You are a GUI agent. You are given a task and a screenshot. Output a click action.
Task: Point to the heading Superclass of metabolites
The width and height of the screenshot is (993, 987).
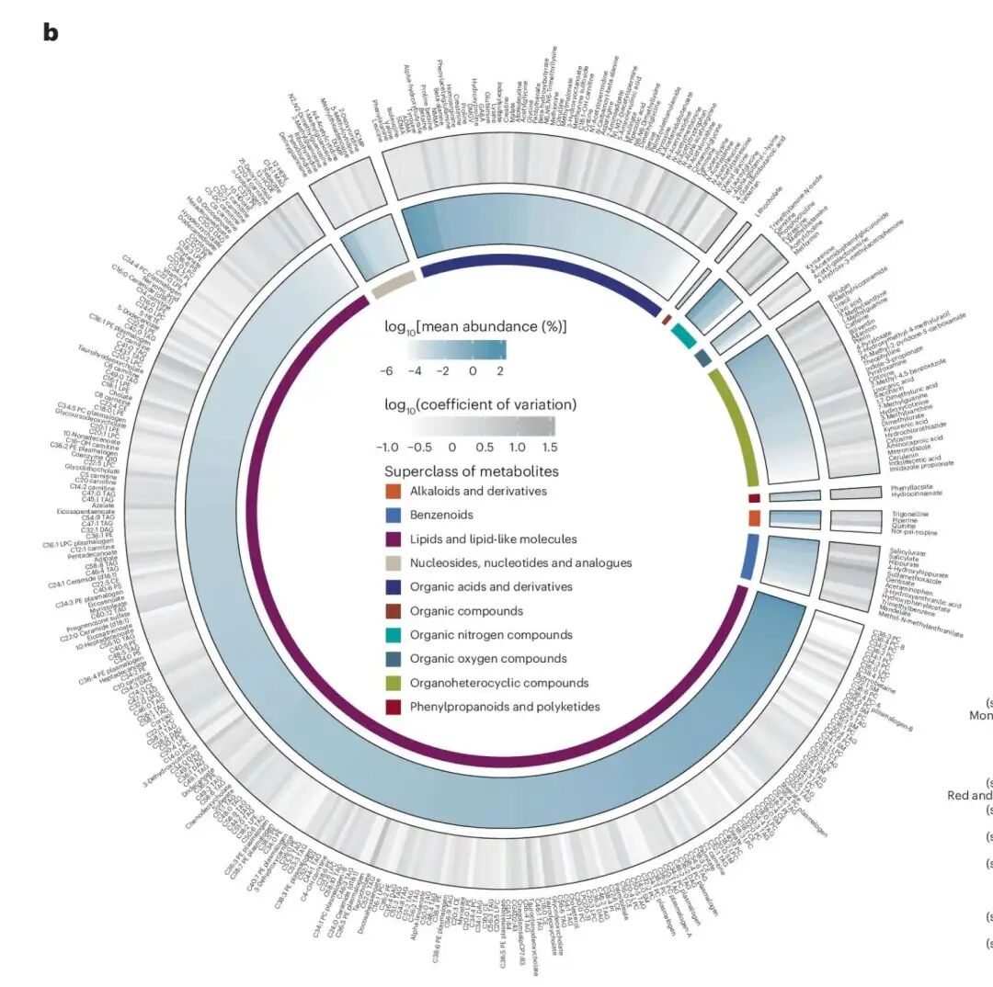point(471,471)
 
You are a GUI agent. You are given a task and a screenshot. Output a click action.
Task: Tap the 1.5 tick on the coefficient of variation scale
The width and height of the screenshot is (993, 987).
point(550,447)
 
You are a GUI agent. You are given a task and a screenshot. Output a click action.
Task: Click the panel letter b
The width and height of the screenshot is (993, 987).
point(51,32)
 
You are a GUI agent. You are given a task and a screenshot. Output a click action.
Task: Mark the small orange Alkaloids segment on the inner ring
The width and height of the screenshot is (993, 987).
point(754,518)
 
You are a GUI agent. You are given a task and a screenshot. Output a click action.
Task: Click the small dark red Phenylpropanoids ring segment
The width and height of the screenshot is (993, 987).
point(754,498)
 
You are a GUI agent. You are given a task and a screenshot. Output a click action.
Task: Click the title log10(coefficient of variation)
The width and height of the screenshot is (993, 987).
point(481,404)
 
